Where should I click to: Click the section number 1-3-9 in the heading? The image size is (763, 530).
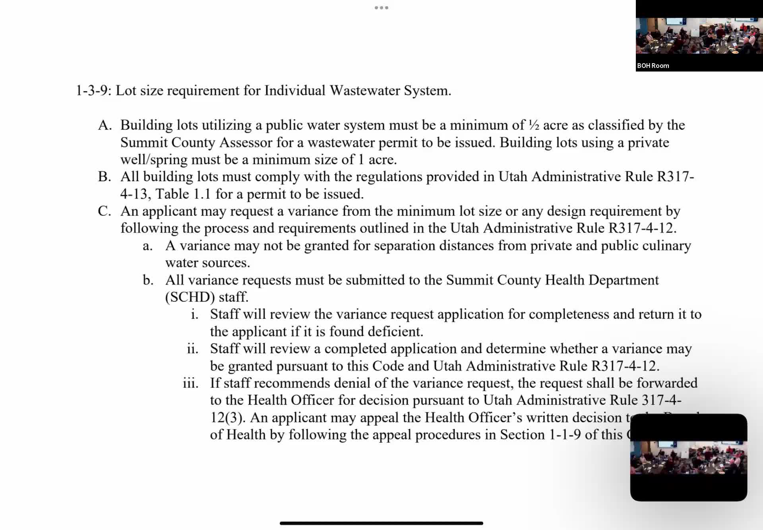click(x=91, y=91)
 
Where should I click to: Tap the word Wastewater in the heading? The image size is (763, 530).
click(x=365, y=91)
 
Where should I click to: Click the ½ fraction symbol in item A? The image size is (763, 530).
click(x=533, y=125)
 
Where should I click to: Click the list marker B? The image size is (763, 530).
click(x=104, y=176)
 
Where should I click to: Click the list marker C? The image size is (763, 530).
click(x=104, y=211)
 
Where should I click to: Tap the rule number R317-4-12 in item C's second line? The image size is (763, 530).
click(x=641, y=228)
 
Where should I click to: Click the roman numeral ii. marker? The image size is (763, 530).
click(x=193, y=349)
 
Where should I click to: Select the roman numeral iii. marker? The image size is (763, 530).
click(x=191, y=383)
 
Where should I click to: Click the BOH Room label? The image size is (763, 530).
click(x=653, y=66)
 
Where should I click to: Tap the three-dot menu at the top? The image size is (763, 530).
click(x=381, y=8)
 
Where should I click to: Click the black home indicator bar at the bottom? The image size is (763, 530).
click(x=381, y=523)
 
